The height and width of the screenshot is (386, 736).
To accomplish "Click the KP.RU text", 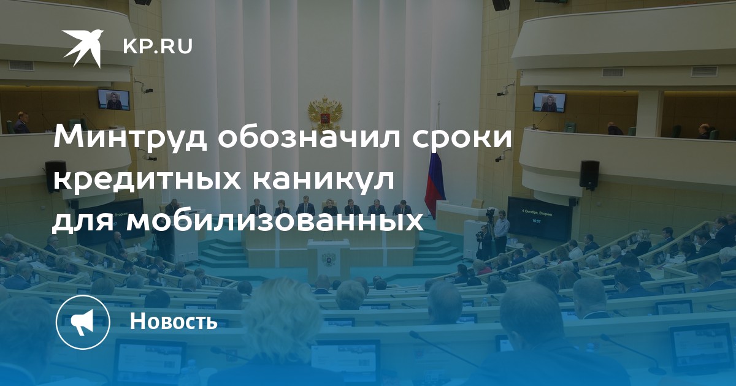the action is [x=158, y=47].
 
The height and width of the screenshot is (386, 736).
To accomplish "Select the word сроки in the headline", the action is [x=462, y=139].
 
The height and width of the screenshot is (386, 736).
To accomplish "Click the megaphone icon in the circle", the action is [x=83, y=322].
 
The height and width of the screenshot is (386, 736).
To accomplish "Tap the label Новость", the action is [x=174, y=320].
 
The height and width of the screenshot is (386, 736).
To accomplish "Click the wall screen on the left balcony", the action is [x=113, y=99].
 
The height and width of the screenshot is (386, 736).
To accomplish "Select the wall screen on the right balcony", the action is [x=549, y=102].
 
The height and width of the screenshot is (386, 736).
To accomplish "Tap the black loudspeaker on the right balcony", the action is [x=589, y=175].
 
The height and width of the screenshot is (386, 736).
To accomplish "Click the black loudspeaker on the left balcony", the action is [x=56, y=176].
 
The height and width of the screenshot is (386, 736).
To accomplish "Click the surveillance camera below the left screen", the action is [x=147, y=90].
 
